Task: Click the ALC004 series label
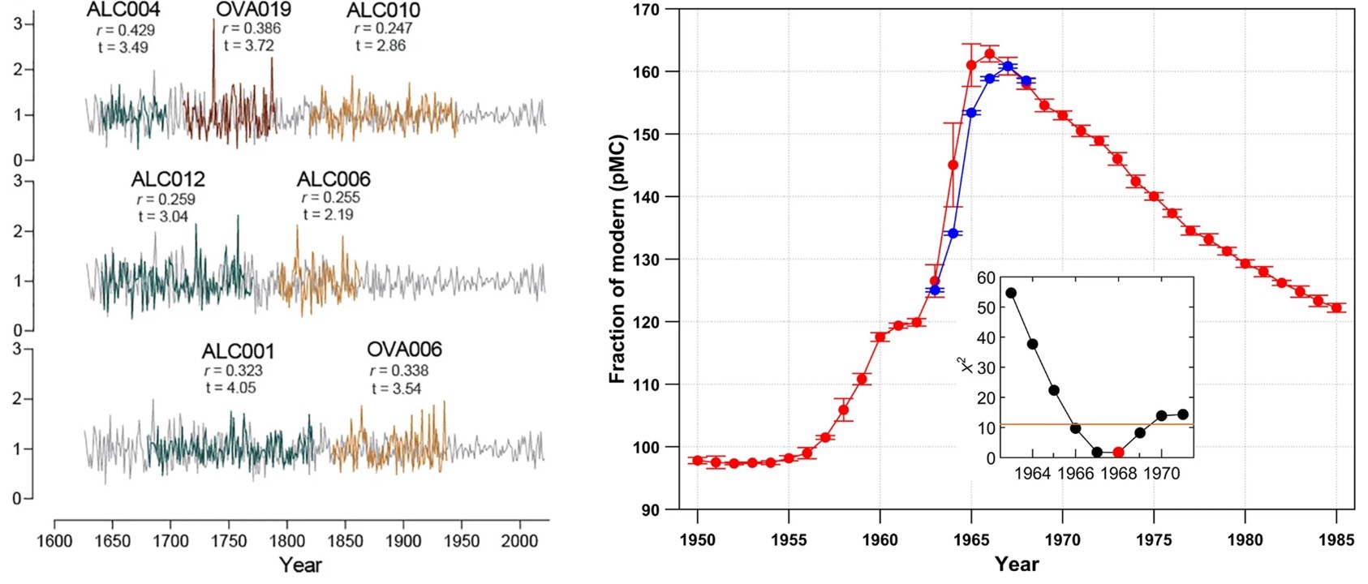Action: click(123, 10)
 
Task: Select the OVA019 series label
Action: click(253, 10)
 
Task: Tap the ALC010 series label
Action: click(383, 11)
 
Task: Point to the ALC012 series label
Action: click(168, 178)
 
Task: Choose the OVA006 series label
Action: click(404, 350)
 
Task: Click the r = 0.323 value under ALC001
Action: click(234, 371)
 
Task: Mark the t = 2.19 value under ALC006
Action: click(329, 215)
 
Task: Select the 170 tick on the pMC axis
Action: click(647, 10)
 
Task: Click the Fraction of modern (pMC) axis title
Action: click(617, 259)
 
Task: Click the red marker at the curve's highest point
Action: click(989, 54)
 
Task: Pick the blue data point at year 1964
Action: click(953, 234)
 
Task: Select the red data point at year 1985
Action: click(1336, 308)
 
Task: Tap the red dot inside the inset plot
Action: click(1118, 453)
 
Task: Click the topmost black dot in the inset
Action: click(1011, 293)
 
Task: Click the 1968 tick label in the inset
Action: click(1118, 474)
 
